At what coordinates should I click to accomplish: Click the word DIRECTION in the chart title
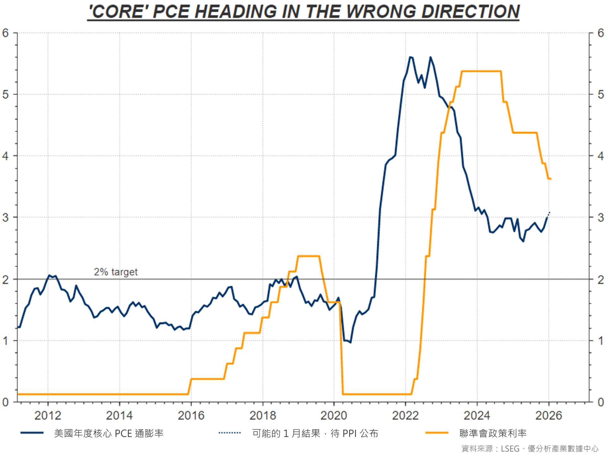tap(470, 12)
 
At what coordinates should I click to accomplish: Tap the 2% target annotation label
tap(116, 272)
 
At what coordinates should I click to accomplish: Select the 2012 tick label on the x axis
tap(48, 416)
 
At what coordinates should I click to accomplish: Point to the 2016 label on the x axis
tap(191, 416)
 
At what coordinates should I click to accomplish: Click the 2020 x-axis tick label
tap(334, 416)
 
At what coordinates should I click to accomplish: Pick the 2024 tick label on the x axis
tap(477, 416)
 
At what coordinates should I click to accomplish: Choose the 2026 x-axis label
tap(549, 416)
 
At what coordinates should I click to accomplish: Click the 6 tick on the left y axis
tap(5, 33)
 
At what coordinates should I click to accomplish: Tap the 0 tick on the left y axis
tap(5, 402)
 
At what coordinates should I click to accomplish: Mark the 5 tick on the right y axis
tap(601, 94)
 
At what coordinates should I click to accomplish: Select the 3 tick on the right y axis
tap(601, 217)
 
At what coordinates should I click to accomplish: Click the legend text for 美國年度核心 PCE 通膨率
tap(109, 433)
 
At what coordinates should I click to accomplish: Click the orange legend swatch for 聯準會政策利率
tap(437, 433)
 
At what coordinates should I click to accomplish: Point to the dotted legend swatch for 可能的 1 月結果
tap(230, 433)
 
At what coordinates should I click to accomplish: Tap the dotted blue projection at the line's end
tap(549, 214)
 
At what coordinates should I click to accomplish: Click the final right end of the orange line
tap(550, 179)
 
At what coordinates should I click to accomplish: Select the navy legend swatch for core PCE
tap(32, 433)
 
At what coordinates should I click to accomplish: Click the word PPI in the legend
tap(350, 433)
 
